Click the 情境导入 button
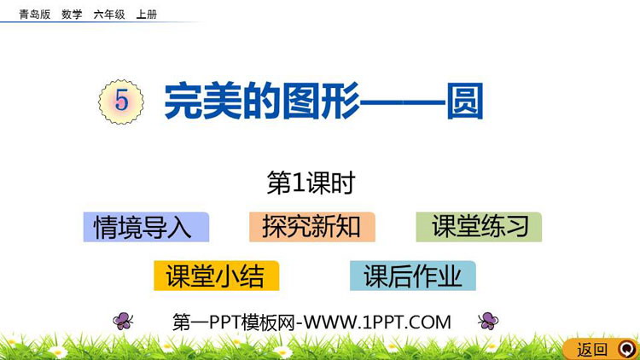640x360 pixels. [146, 227]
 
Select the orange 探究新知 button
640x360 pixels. [312, 227]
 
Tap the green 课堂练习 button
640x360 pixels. [479, 227]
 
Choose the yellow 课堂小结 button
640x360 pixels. [217, 276]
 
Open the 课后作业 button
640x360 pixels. [413, 276]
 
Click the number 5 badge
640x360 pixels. [121, 102]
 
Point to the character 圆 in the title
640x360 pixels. [465, 101]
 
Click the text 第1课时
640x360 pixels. [311, 183]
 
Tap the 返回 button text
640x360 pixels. [592, 350]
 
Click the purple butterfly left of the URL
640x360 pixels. [123, 321]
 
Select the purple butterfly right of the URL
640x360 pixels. [488, 321]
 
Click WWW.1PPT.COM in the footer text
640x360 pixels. [377, 322]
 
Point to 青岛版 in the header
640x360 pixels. [35, 15]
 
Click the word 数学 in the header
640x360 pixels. [72, 15]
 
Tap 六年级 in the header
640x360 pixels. [109, 15]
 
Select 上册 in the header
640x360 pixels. [147, 15]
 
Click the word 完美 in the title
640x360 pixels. [203, 101]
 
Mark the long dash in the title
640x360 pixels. [403, 102]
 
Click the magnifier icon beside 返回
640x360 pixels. [626, 350]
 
